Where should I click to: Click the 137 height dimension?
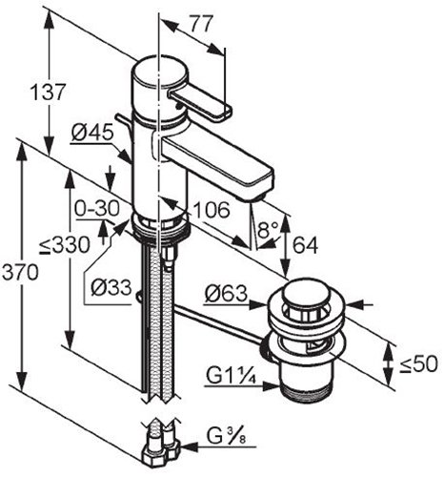(48, 92)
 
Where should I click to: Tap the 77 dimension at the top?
(200, 24)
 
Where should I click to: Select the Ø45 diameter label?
(92, 132)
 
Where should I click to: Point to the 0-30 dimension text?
(97, 209)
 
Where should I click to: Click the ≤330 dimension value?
(65, 245)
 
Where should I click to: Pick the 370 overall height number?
(20, 272)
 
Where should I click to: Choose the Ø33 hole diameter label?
(111, 288)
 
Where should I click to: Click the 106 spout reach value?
(212, 210)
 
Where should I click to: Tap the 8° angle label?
(268, 230)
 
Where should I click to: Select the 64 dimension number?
(305, 245)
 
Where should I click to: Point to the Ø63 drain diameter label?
(226, 293)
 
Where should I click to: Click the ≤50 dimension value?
(418, 364)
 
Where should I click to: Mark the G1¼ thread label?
(231, 376)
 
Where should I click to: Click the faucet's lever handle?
(200, 103)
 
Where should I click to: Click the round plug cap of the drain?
(304, 292)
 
